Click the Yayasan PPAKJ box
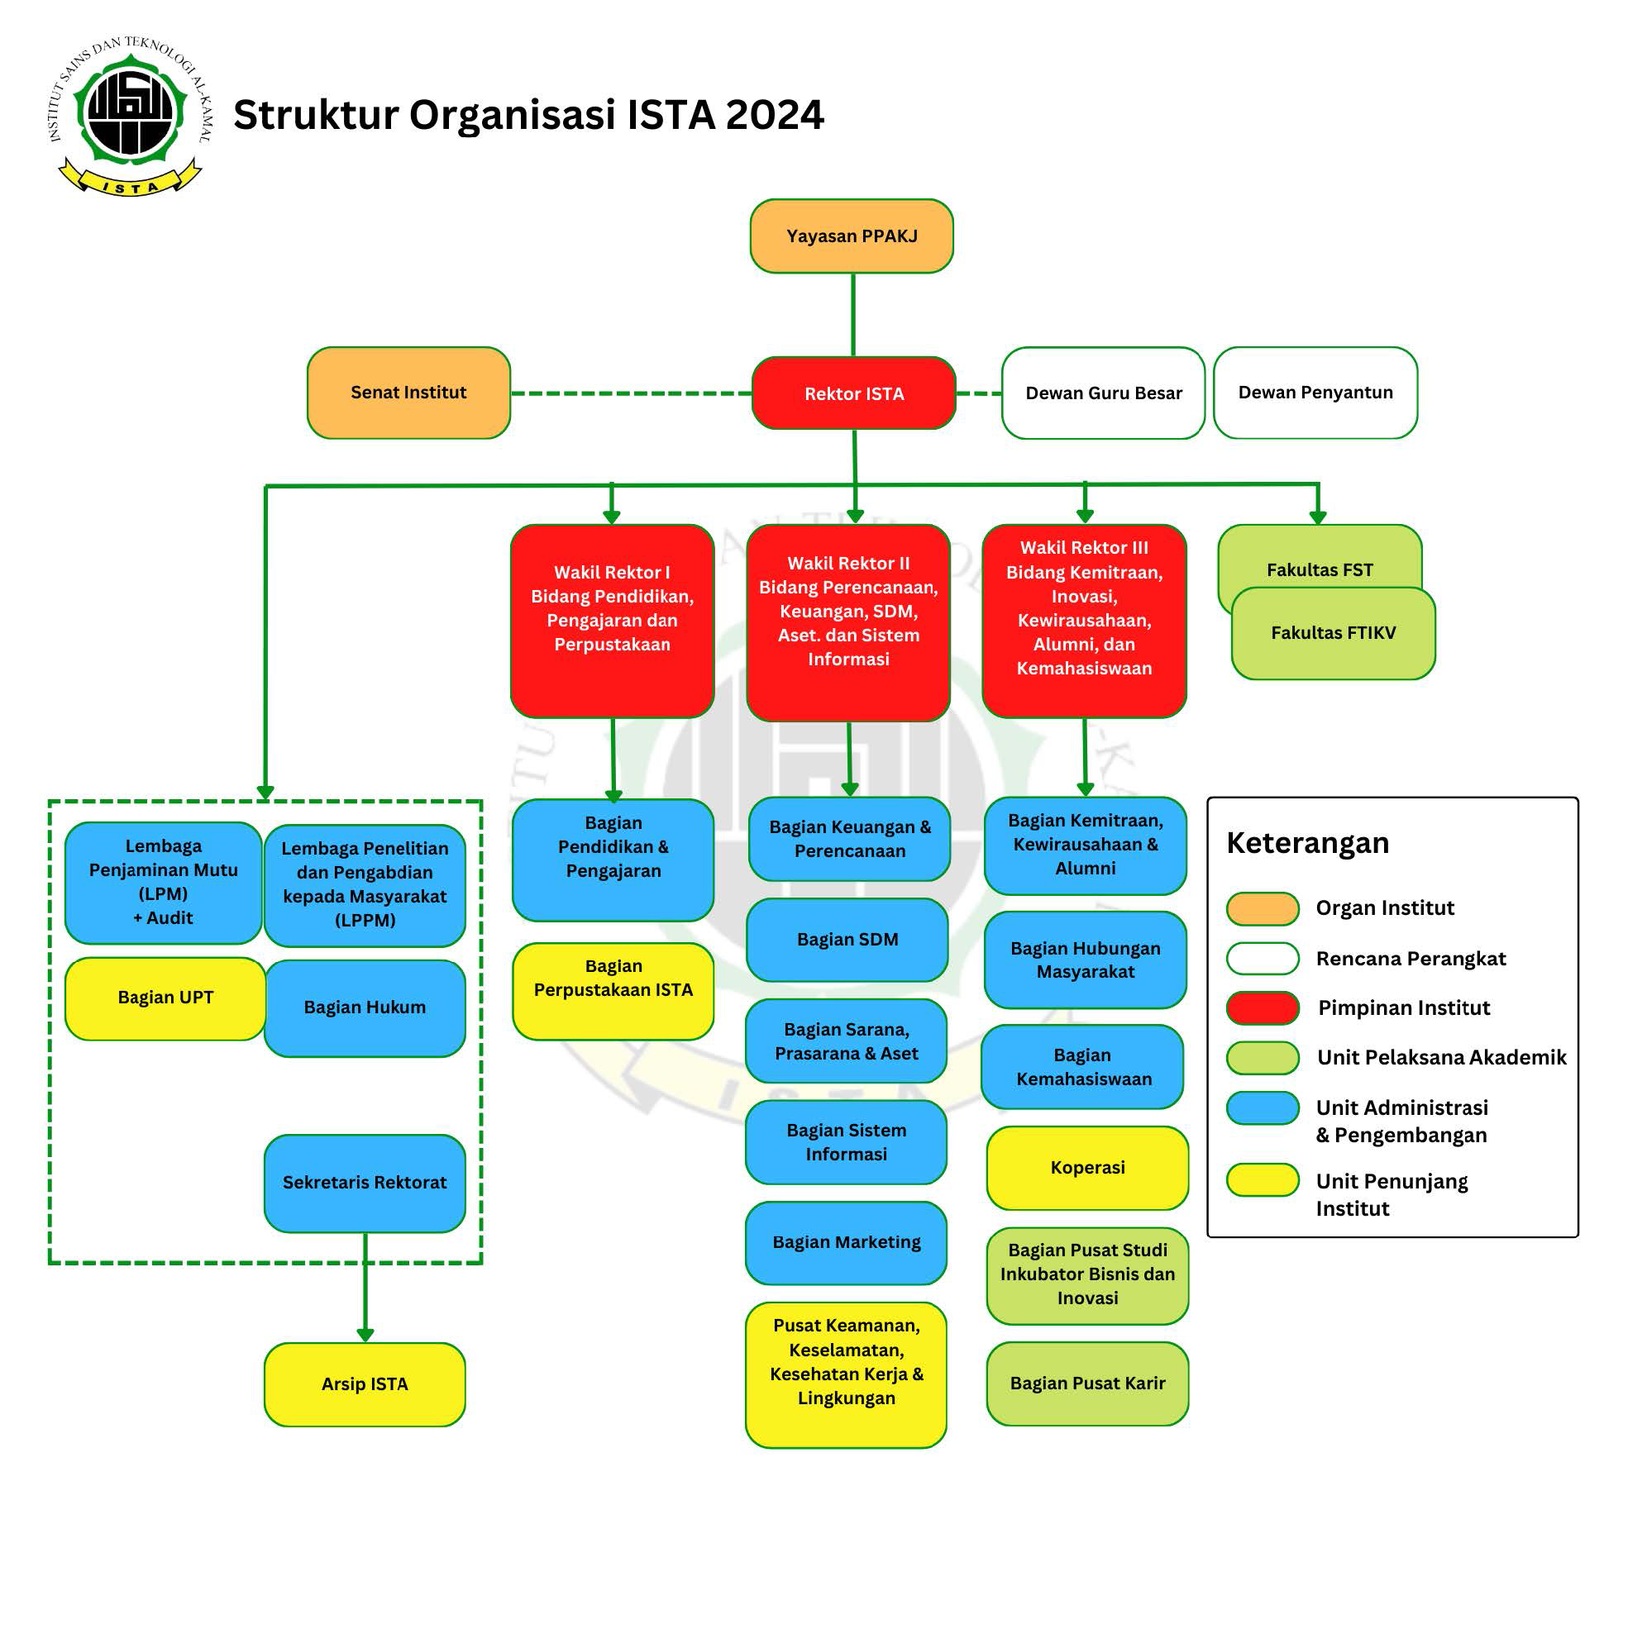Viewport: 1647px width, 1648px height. pyautogui.click(x=851, y=236)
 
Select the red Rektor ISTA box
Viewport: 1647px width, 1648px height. pyautogui.click(x=853, y=393)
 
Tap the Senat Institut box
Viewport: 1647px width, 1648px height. pyautogui.click(x=408, y=393)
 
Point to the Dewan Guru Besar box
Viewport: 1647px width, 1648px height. pyautogui.click(x=1103, y=393)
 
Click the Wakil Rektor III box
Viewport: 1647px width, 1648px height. pyautogui.click(x=1083, y=621)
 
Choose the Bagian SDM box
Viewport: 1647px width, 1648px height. pyautogui.click(x=847, y=939)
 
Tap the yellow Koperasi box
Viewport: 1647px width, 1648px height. pyautogui.click(x=1087, y=1167)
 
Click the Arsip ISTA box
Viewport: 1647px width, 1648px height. pyautogui.click(x=365, y=1384)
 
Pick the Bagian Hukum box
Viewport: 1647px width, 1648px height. pyautogui.click(x=365, y=1007)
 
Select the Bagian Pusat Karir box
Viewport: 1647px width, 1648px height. pyautogui.click(x=1087, y=1383)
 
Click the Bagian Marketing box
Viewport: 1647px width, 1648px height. pyautogui.click(x=846, y=1242)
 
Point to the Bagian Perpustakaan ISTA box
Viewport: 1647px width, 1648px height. pyautogui.click(x=613, y=990)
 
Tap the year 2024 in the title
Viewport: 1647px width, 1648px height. pyautogui.click(x=774, y=115)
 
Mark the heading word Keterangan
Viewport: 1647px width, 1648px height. pyautogui.click(x=1306, y=843)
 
